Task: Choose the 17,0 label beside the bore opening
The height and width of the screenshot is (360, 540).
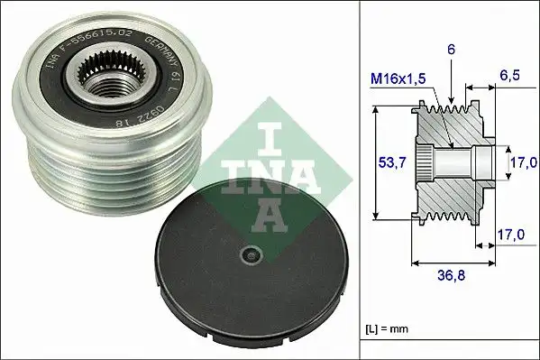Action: tap(517, 164)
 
